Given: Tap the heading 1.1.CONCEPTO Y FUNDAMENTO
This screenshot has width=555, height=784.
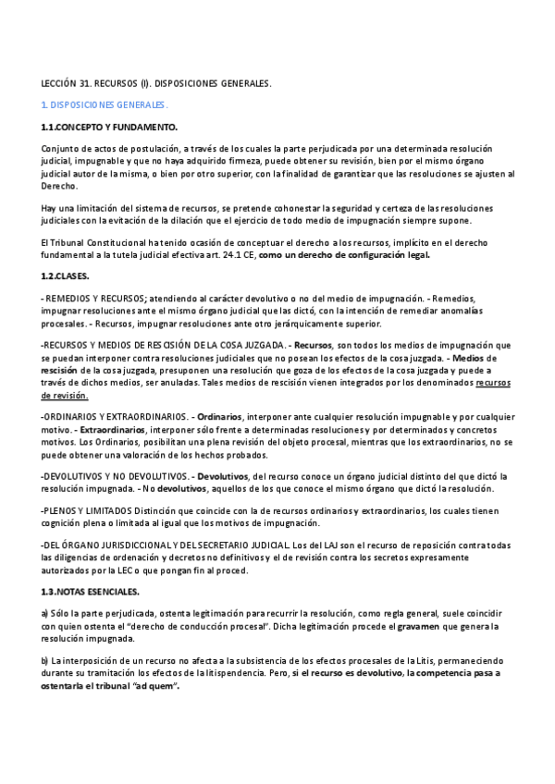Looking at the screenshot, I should coord(109,127).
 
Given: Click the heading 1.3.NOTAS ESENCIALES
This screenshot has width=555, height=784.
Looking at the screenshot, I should coord(91,591).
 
